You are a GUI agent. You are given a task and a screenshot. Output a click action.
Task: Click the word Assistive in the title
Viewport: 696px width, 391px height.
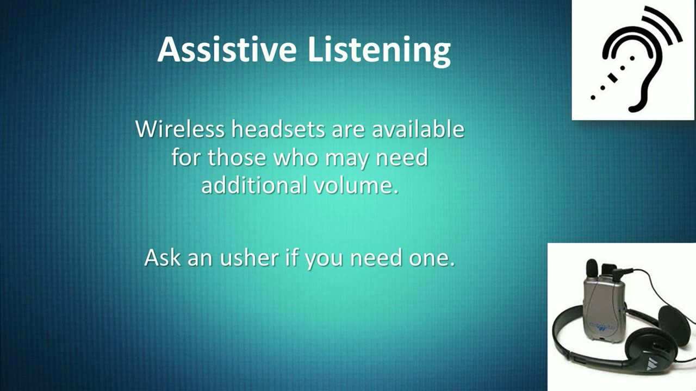(227, 49)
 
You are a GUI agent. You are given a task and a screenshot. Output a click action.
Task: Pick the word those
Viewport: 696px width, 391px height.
(237, 157)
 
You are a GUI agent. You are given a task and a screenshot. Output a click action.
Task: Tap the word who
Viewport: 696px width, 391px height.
(296, 157)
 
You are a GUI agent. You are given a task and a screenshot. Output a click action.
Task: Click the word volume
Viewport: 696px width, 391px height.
(356, 185)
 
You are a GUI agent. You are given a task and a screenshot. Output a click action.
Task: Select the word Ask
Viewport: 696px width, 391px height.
(163, 257)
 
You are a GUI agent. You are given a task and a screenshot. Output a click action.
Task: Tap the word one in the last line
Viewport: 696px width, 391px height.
(432, 258)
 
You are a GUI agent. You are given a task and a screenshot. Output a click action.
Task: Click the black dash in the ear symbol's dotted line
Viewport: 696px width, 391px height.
(613, 77)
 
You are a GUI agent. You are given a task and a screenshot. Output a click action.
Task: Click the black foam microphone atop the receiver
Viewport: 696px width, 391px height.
(593, 268)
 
